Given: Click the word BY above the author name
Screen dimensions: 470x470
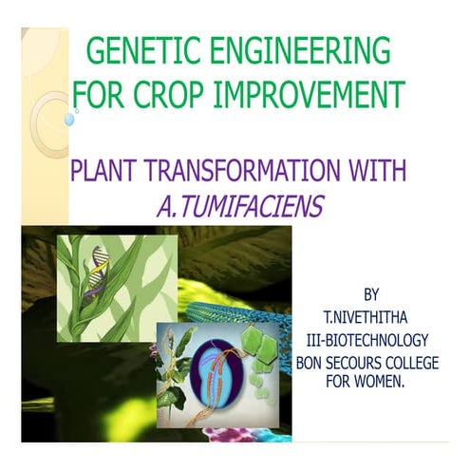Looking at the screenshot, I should pyautogui.click(x=374, y=288).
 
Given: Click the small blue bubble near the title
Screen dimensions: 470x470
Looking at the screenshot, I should pyautogui.click(x=69, y=121).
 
